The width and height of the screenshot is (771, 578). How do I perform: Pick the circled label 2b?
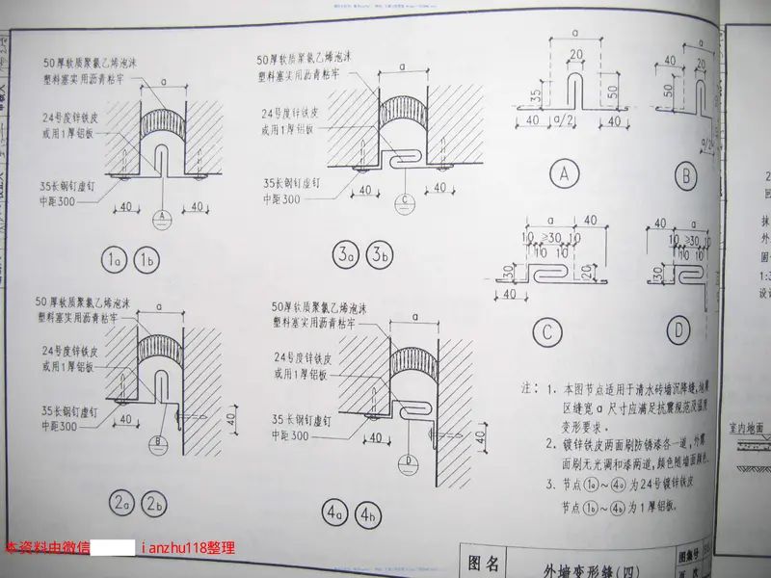(151, 503)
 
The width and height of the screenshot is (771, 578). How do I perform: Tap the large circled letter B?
(687, 174)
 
